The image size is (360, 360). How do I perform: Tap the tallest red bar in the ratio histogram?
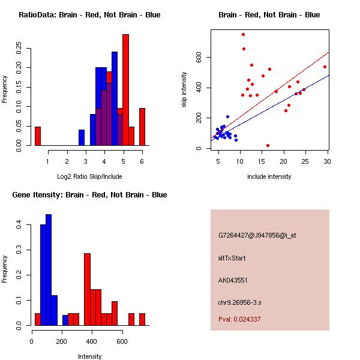tap(125, 90)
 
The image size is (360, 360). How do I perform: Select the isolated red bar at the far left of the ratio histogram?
tap(38, 136)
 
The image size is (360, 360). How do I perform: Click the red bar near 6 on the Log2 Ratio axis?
tap(142, 127)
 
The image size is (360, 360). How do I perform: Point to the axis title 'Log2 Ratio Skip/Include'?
tap(90, 176)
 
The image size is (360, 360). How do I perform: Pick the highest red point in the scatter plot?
tap(243, 35)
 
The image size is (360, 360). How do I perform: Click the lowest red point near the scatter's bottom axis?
tap(268, 145)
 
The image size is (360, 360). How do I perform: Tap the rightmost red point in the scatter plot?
tap(325, 67)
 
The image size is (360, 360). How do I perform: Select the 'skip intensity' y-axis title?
tap(184, 90)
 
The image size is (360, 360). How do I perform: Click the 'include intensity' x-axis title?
tap(270, 176)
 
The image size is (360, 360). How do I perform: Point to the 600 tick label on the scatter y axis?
tap(199, 57)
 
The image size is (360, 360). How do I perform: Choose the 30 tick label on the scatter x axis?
tap(327, 161)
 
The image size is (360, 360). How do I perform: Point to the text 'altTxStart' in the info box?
tap(232, 258)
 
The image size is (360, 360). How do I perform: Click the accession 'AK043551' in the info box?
tap(233, 280)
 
